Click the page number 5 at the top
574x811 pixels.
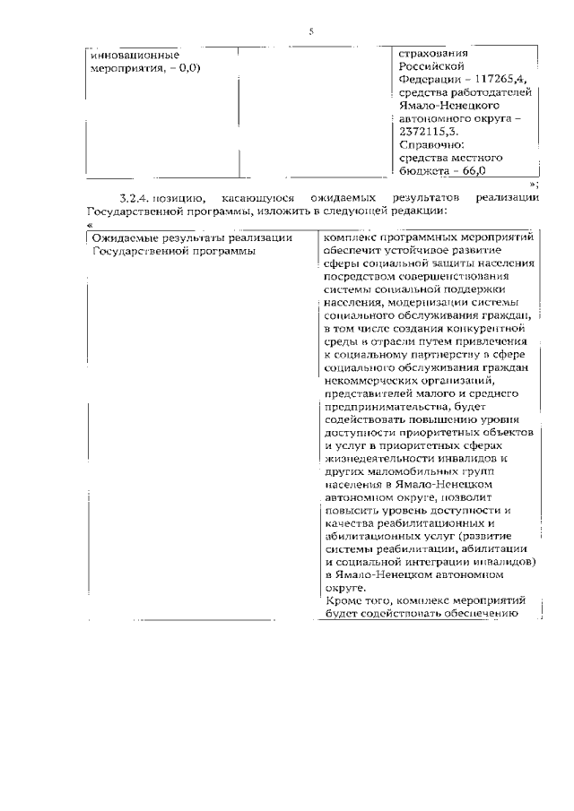pyautogui.click(x=311, y=31)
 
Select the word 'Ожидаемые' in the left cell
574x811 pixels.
pyautogui.click(x=124, y=237)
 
